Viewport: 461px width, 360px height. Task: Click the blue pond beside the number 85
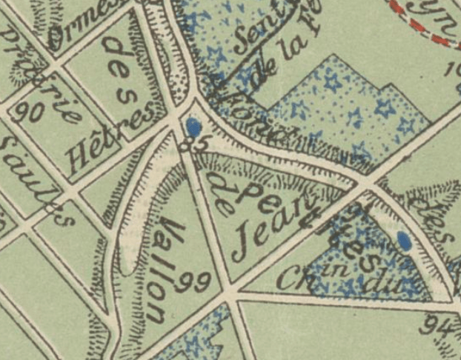tap(193, 126)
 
